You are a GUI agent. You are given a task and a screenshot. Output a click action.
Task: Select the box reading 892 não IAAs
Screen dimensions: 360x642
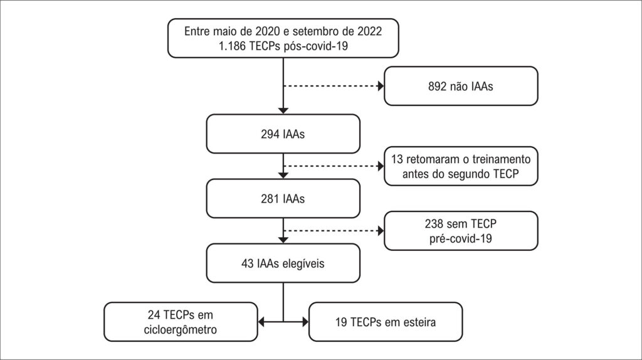point(461,86)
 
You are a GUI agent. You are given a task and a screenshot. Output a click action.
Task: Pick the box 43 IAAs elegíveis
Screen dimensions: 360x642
point(283,263)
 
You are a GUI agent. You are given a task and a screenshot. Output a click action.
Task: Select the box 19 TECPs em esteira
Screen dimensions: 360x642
point(386,322)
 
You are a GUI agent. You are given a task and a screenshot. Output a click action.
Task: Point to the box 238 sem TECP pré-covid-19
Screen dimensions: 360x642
point(461,230)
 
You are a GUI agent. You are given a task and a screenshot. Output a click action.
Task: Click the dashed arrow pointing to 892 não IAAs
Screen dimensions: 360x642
point(332,86)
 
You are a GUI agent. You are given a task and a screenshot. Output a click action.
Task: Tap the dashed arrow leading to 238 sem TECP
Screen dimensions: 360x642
point(332,230)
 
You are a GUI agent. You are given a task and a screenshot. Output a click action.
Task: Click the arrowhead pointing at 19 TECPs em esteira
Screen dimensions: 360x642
point(305,322)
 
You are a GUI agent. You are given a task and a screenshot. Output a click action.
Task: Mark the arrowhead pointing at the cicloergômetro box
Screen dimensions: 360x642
point(263,322)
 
